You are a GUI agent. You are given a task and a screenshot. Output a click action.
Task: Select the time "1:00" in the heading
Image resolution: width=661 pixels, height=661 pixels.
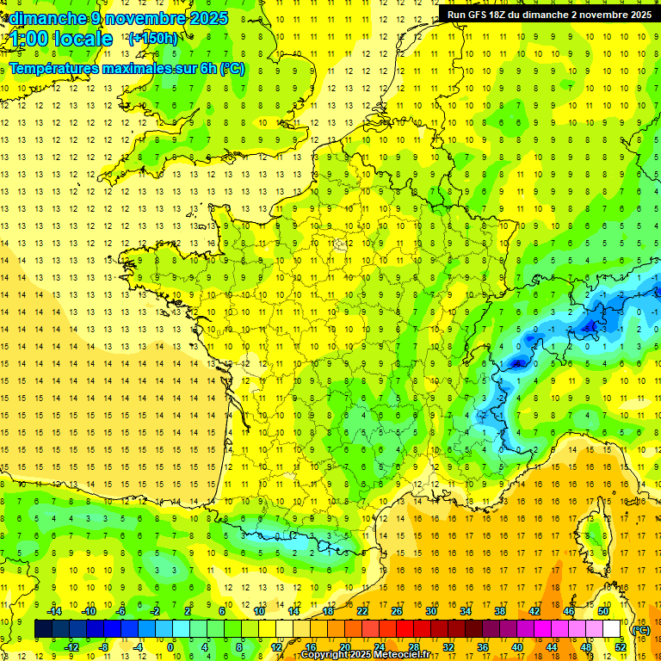point(28,39)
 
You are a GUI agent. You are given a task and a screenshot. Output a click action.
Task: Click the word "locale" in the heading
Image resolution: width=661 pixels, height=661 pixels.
point(83,39)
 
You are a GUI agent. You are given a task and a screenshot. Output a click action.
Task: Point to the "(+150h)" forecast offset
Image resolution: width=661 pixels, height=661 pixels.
point(152,38)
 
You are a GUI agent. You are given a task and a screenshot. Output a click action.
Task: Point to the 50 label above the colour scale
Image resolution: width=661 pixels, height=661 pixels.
point(602,611)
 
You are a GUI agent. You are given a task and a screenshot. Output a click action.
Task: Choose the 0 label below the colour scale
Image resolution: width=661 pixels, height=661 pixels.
point(170,646)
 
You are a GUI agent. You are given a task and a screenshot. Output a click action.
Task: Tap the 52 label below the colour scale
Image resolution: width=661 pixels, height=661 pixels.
point(619,646)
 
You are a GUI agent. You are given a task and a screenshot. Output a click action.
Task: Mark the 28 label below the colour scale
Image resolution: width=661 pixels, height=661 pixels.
point(413,646)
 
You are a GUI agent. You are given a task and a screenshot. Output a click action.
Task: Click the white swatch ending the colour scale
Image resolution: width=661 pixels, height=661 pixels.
point(611,629)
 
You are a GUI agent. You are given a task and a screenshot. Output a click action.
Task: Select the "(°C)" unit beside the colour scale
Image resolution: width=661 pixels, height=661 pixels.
point(640,629)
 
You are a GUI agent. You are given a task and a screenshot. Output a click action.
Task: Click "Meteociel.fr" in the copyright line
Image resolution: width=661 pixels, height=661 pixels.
point(408,655)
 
